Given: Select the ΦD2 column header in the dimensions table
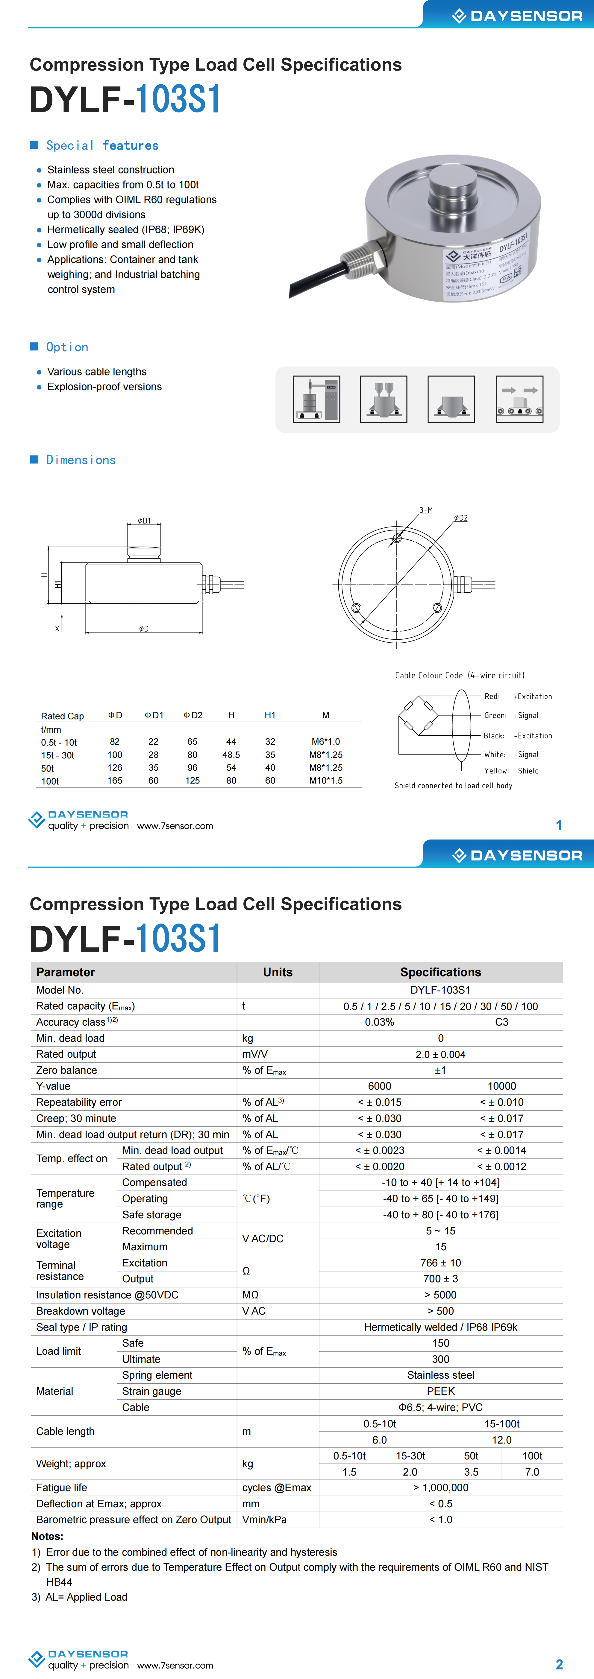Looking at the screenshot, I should (193, 715).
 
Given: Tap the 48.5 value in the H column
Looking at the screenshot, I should (231, 755).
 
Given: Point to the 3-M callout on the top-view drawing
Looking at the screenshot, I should (426, 510).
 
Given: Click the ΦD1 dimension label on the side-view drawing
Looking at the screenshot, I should (144, 521).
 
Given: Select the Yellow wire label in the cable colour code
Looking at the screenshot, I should (495, 770).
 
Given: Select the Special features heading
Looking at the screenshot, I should (102, 145).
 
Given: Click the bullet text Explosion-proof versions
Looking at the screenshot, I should (104, 387).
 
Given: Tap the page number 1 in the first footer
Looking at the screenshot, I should (559, 825).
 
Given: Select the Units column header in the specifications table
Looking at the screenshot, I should (278, 972).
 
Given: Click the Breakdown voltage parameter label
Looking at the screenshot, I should (81, 1311).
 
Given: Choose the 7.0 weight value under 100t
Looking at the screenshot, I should (532, 1472).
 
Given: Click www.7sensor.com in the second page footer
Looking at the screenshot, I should (175, 1665).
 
